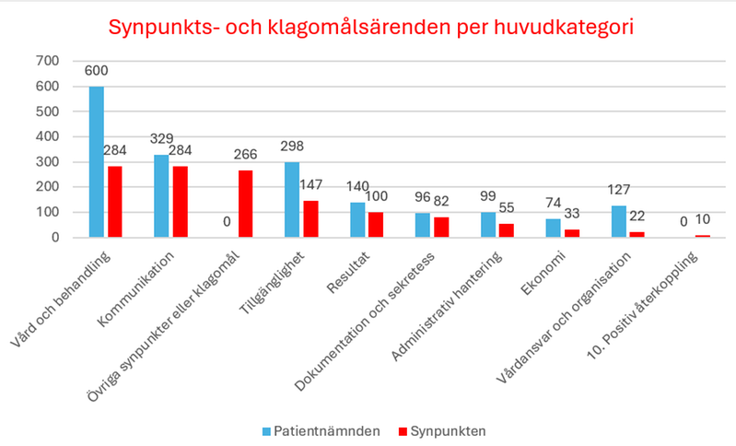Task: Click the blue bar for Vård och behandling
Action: click(96, 161)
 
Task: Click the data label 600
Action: click(97, 71)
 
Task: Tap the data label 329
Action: click(162, 138)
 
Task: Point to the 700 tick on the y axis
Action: click(46, 62)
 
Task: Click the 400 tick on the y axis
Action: click(46, 136)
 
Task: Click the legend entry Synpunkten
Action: click(445, 429)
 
